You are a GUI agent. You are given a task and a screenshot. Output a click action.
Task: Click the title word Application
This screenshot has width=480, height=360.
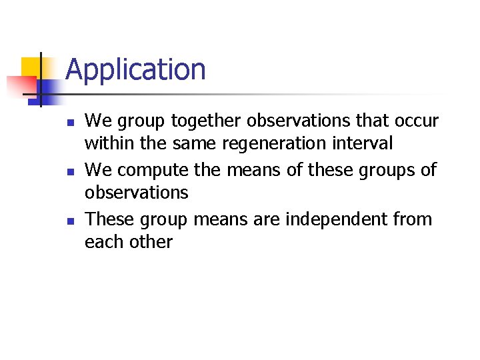[136, 69]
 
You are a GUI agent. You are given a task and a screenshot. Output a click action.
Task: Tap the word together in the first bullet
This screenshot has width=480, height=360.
[207, 121]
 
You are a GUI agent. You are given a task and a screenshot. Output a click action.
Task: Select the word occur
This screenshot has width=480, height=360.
[414, 121]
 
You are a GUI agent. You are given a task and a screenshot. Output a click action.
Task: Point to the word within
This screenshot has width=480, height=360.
[109, 143]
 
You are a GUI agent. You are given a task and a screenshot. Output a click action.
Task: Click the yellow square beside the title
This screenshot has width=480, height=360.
[32, 67]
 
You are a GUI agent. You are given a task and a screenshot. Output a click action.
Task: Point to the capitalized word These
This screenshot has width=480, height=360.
[109, 219]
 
